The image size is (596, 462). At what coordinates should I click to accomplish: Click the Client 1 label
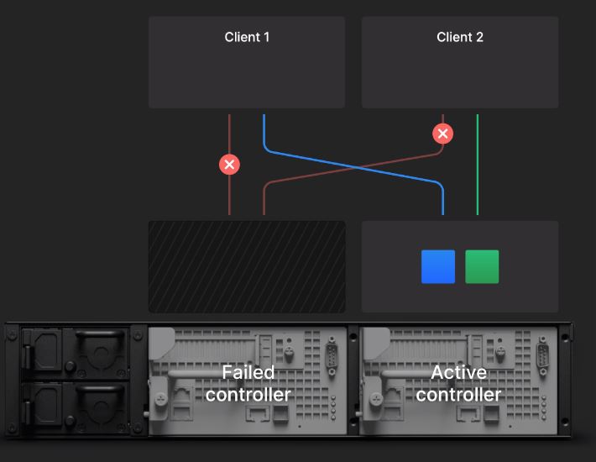click(247, 37)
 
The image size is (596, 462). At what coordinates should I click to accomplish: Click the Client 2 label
click(460, 37)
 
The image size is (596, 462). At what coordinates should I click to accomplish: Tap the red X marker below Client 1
click(229, 165)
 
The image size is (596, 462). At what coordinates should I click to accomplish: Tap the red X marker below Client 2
click(442, 134)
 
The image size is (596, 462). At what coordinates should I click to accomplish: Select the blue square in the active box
click(438, 266)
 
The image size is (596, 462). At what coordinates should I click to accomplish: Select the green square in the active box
click(482, 266)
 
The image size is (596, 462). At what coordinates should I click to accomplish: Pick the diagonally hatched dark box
click(247, 266)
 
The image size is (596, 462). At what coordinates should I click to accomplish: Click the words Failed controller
click(248, 383)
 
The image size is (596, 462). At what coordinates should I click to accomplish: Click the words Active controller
click(458, 383)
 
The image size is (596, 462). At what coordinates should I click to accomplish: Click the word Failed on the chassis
click(248, 372)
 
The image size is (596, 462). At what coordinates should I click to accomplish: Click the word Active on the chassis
click(458, 372)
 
